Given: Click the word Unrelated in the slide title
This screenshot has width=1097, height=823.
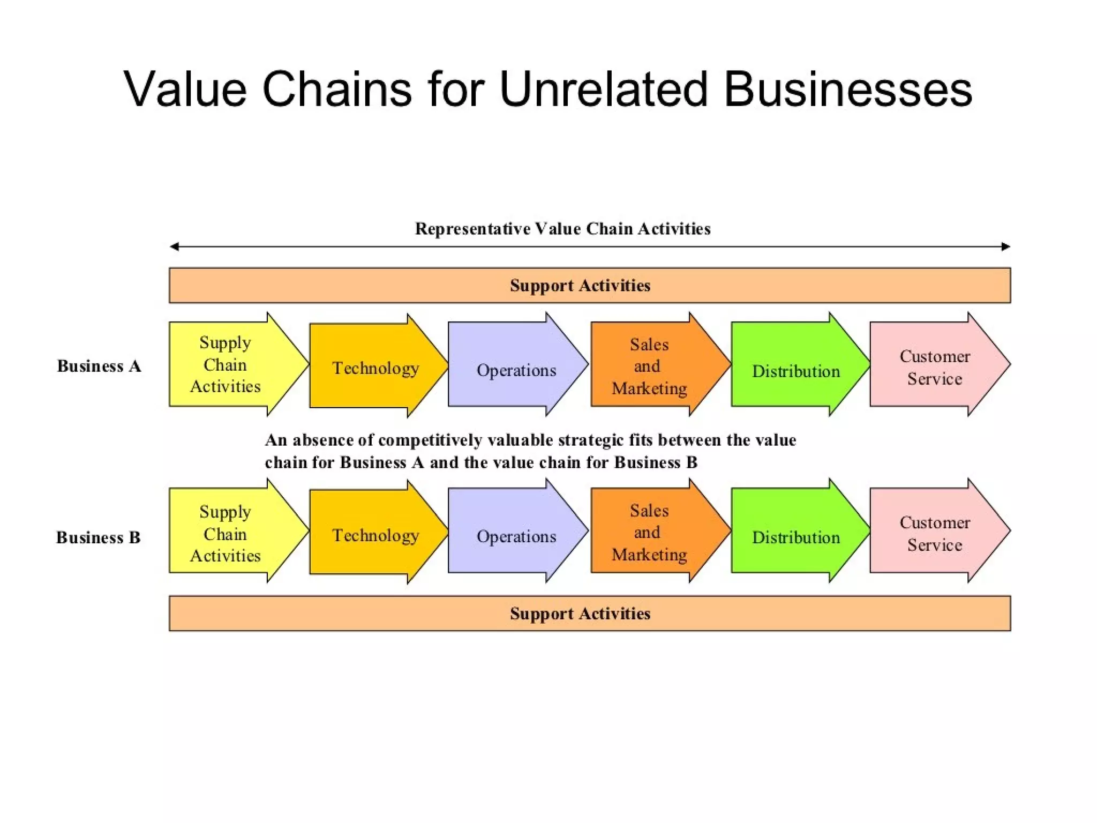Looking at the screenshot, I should coord(603,89).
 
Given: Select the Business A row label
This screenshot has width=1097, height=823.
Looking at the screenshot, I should coord(99,366).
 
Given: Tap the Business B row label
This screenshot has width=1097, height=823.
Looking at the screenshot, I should coord(99,537).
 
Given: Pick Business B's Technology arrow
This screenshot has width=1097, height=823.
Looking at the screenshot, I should coord(375,535).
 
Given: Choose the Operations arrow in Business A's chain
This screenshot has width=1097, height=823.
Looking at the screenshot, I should coord(516,370).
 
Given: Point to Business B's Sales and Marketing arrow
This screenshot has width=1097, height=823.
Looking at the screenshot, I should coord(649,532).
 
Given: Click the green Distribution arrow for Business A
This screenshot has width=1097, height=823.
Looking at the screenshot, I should coord(795,371).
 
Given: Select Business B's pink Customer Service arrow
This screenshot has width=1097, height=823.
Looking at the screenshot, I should coord(935,533).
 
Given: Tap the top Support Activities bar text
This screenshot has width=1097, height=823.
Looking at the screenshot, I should coord(580,286).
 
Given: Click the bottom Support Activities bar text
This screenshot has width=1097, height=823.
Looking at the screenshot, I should coord(580,613).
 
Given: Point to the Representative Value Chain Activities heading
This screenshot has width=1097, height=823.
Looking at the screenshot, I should coord(562,229).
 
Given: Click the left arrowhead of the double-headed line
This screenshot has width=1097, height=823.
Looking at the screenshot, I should coord(174,246).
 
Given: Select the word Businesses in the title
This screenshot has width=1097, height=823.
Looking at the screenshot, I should coord(847,89).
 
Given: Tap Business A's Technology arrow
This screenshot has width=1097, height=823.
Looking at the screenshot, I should coord(375,368).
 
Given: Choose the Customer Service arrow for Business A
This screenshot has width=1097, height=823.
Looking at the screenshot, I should coord(935,367).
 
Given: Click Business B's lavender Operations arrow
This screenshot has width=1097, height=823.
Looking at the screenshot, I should coord(516,536).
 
